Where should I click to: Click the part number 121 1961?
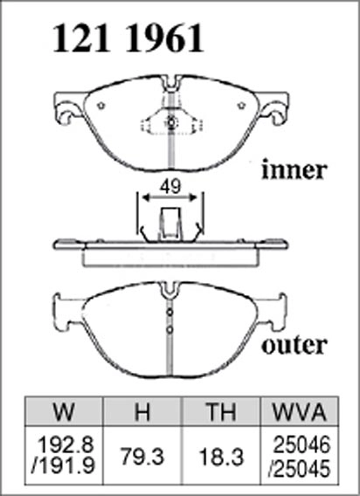coord(128,38)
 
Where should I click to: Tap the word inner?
coord(294,170)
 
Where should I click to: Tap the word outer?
coord(294,346)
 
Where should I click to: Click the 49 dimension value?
coord(170,187)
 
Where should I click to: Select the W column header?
coord(64,412)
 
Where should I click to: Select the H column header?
coord(142,412)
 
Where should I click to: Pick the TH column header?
coord(221,412)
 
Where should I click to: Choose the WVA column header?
coord(299,412)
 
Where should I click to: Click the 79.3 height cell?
coord(142,457)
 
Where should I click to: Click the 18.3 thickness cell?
coord(221,457)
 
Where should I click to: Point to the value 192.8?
coord(66,445)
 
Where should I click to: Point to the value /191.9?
coord(63,466)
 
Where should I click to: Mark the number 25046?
coord(301,445)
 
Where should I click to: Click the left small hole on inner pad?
coord(101,106)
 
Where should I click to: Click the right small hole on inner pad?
coord(241,106)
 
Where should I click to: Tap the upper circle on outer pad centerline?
coord(170,313)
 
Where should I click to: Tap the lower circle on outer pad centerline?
coord(170,330)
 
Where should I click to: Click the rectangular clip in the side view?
coord(170,224)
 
